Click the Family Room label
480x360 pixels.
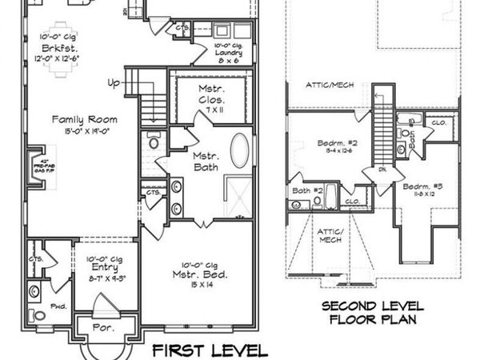pyautogui.click(x=70, y=118)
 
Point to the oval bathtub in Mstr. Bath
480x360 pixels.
pyautogui.click(x=239, y=150)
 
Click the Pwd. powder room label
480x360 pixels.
pyautogui.click(x=58, y=306)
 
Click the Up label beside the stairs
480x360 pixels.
pyautogui.click(x=115, y=82)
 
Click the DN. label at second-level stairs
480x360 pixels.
pyautogui.click(x=382, y=170)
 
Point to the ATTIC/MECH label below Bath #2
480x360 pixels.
pyautogui.click(x=330, y=234)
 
